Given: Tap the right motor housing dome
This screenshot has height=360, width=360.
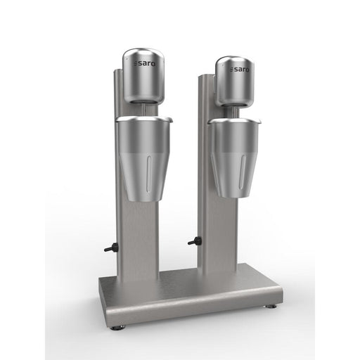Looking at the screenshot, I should (236, 81).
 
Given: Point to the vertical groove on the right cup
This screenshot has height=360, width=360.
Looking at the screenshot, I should (243, 170).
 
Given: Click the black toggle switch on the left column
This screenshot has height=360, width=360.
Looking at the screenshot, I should (109, 248).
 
